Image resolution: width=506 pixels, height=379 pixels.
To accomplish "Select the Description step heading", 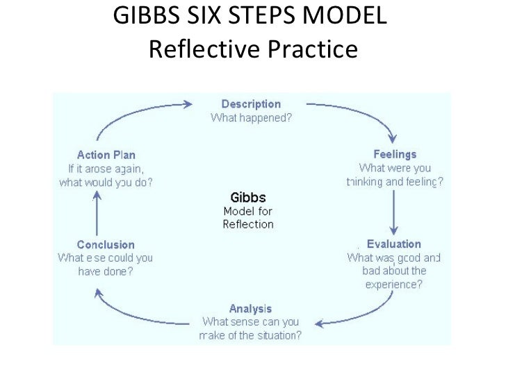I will pos(252,105).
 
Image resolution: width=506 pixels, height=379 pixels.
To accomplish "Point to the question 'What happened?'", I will pos(252,117).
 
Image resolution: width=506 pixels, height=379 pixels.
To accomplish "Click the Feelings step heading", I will pos(395,155).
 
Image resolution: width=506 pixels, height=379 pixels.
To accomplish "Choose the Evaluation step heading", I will pos(394,244).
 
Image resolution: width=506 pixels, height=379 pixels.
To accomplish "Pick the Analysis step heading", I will pos(251,308).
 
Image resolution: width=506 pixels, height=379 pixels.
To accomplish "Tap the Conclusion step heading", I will pos(106,244).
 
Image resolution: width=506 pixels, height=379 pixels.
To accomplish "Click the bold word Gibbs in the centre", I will pos(248,197).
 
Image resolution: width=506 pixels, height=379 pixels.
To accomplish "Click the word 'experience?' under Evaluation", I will pos(394,284).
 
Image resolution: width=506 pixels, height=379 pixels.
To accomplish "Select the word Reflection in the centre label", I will pos(248,224).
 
